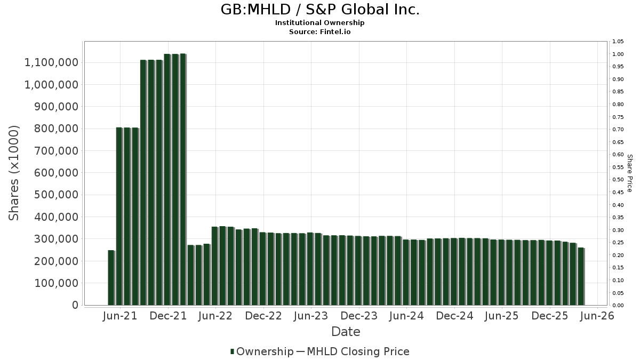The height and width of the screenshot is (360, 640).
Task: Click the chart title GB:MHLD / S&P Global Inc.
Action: [x=320, y=10]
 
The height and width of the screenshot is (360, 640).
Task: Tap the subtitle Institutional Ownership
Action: [x=319, y=23]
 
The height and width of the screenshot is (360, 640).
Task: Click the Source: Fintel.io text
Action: [x=319, y=31]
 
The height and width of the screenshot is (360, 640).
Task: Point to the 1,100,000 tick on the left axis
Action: [x=51, y=62]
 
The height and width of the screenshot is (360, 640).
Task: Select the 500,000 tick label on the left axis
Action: [x=57, y=195]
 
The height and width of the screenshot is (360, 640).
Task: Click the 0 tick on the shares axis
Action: [x=75, y=305]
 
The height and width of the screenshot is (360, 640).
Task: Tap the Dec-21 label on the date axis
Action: [x=168, y=316]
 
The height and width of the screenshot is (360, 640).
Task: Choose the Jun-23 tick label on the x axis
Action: [x=311, y=316]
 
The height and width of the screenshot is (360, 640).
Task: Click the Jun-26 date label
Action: [x=597, y=316]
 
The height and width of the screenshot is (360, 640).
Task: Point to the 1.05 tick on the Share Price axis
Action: [x=618, y=42]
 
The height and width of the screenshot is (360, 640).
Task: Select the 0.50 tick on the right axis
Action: [x=618, y=180]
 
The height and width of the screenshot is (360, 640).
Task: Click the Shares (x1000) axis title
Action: [x=13, y=173]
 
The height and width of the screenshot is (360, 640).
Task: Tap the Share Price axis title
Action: [x=630, y=173]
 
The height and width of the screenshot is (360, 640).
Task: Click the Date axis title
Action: [x=346, y=332]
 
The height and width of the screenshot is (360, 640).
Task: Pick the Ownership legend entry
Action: [x=262, y=351]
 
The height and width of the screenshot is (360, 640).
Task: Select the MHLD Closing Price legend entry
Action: [x=353, y=351]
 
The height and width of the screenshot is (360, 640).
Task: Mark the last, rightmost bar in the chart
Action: [x=581, y=276]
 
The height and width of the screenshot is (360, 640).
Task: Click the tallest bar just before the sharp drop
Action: [x=183, y=179]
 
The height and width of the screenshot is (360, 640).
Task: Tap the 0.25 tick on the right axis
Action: [x=618, y=243]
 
